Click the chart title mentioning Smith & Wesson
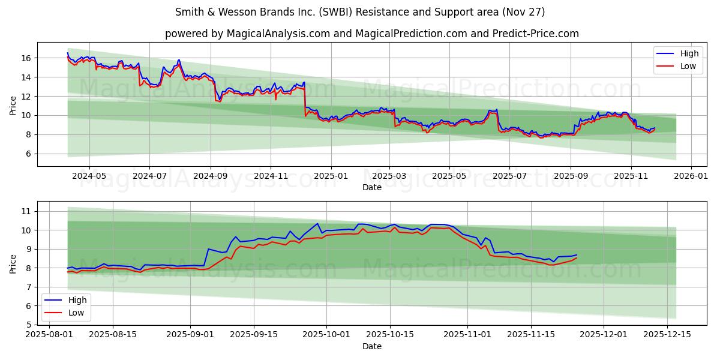tap(360, 12)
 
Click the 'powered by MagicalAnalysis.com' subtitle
tap(372, 34)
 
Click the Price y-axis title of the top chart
tap(13, 106)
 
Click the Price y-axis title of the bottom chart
tap(13, 263)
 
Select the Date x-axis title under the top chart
tap(372, 188)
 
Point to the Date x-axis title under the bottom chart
tap(372, 347)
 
